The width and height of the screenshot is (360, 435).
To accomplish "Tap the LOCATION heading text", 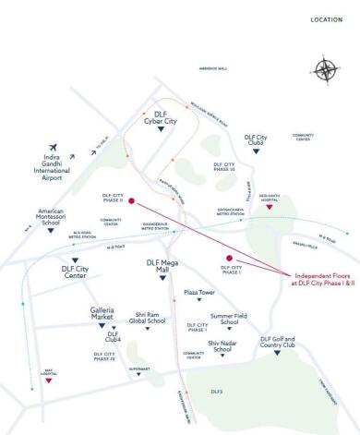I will click(326, 19).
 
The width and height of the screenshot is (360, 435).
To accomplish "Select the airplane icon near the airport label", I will click(54, 148).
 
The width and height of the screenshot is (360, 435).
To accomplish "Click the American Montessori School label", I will click(51, 217).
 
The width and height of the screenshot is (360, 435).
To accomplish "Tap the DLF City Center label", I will click(75, 272).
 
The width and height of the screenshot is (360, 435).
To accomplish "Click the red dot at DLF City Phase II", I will click(131, 200).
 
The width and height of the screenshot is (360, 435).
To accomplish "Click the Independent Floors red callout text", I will click(322, 280).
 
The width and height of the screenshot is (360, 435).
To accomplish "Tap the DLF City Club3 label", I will click(255, 140).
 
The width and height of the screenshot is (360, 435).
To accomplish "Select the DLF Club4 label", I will click(114, 337).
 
